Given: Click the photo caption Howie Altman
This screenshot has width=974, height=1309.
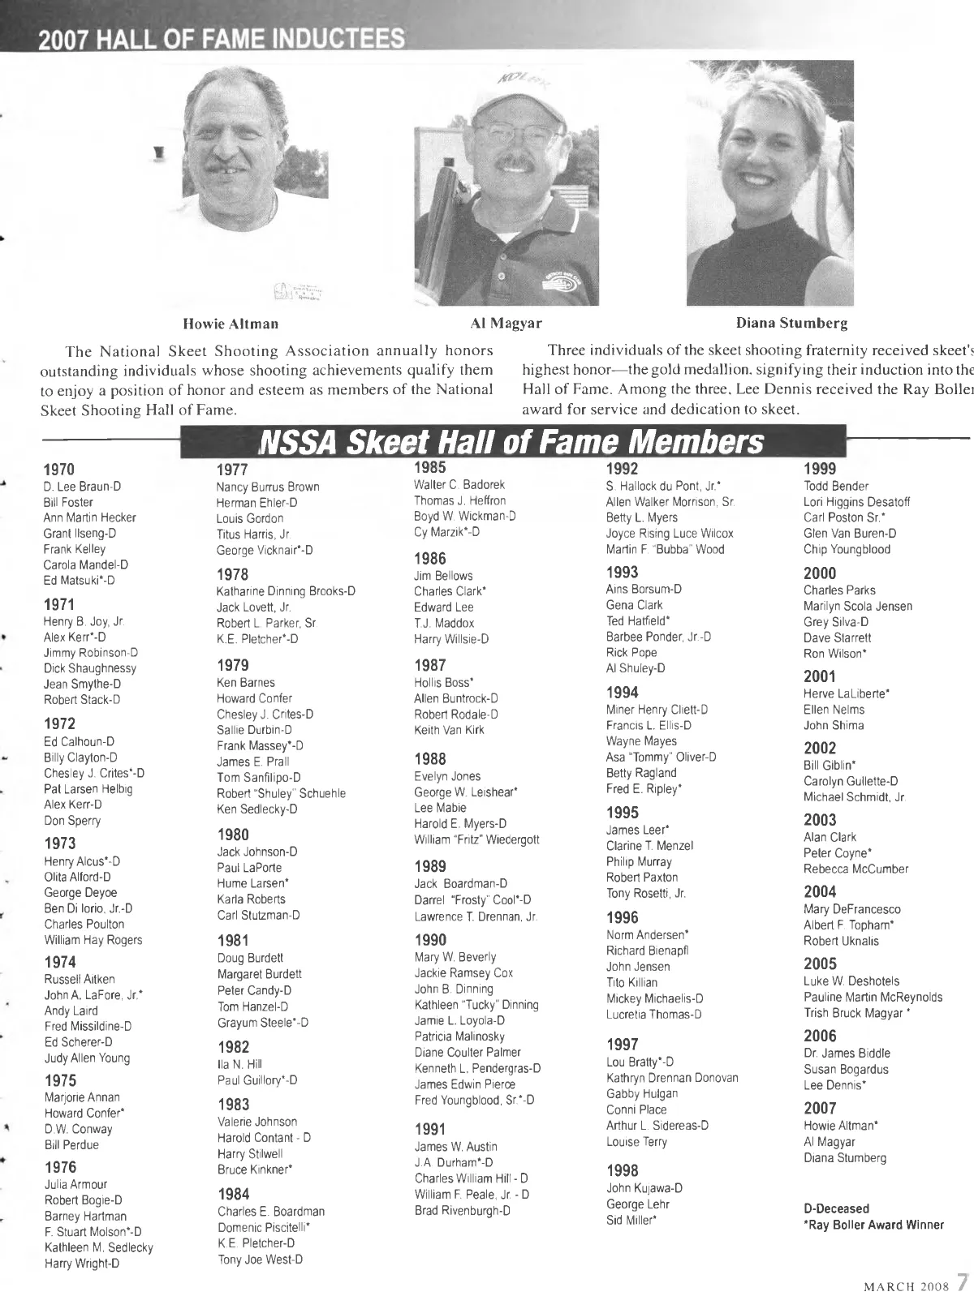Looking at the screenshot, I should click(x=231, y=324).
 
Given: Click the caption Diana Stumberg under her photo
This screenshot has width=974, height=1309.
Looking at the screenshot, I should click(x=791, y=324).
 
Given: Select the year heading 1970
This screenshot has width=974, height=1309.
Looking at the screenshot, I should click(x=59, y=469).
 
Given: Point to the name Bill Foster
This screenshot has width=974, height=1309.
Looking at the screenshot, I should click(x=68, y=502).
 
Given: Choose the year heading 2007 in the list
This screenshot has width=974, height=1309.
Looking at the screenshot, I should click(x=820, y=1108).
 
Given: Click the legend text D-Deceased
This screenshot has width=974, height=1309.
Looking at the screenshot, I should click(x=836, y=1208).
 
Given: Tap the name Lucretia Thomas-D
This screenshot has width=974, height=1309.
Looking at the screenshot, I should click(x=654, y=1014).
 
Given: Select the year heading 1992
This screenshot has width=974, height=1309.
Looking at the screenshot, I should click(x=623, y=468).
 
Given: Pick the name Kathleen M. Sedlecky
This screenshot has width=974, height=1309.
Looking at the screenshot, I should click(x=98, y=1247).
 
